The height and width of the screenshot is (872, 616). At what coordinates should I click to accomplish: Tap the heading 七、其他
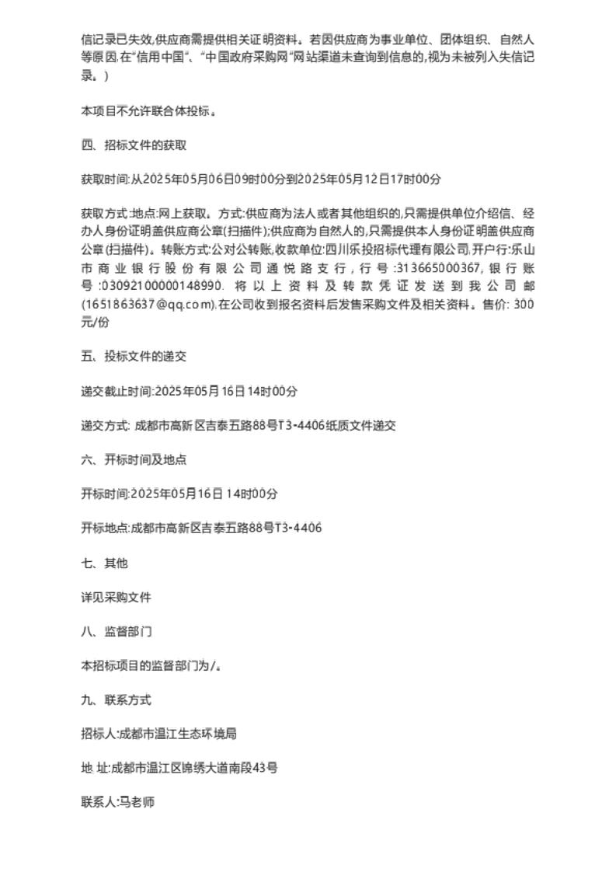(104, 563)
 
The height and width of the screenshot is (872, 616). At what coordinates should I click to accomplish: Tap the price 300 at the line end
(524, 305)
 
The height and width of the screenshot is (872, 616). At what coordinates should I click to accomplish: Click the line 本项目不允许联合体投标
(148, 111)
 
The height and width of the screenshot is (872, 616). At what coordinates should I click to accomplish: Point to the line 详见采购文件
(116, 597)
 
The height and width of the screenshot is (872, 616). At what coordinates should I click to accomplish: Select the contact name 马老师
(136, 801)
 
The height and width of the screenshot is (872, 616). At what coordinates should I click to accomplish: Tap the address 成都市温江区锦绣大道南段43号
(195, 767)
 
